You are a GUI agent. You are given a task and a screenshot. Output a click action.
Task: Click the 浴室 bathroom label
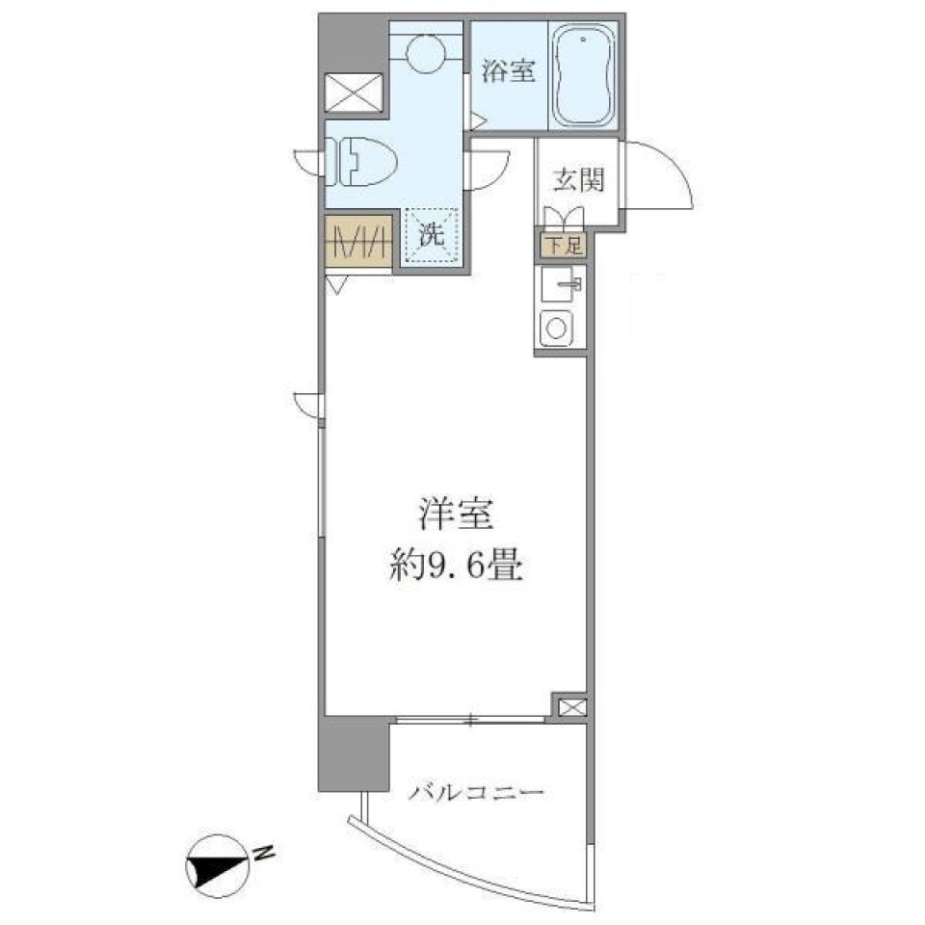[x=508, y=72]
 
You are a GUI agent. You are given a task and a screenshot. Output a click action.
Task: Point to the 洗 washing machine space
[x=430, y=234]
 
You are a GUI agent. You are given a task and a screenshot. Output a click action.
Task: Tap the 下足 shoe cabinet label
[x=562, y=246]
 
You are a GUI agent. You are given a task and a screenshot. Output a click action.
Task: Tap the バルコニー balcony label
[x=476, y=794]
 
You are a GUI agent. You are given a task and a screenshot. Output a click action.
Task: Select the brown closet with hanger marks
[x=357, y=240]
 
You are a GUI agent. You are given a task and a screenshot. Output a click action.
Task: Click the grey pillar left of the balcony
[x=353, y=753]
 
